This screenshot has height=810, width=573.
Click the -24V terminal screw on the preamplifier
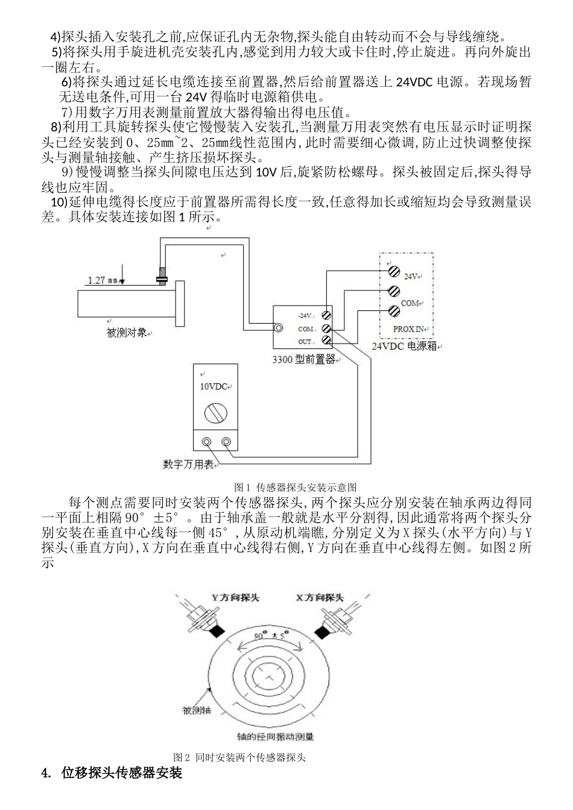[x=326, y=315]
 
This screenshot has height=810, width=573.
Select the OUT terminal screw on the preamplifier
[x=326, y=341]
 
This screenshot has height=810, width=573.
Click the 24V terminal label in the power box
[x=411, y=276]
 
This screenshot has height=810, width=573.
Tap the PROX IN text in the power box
[x=409, y=328]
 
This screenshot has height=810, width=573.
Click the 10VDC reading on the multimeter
[x=214, y=386]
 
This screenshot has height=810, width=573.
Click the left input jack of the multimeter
[x=207, y=442]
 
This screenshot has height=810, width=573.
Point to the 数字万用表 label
[x=188, y=464]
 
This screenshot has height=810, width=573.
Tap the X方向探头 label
[x=320, y=598]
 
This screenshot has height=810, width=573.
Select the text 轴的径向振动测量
[x=276, y=736]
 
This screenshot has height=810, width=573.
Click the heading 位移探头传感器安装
[x=121, y=773]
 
